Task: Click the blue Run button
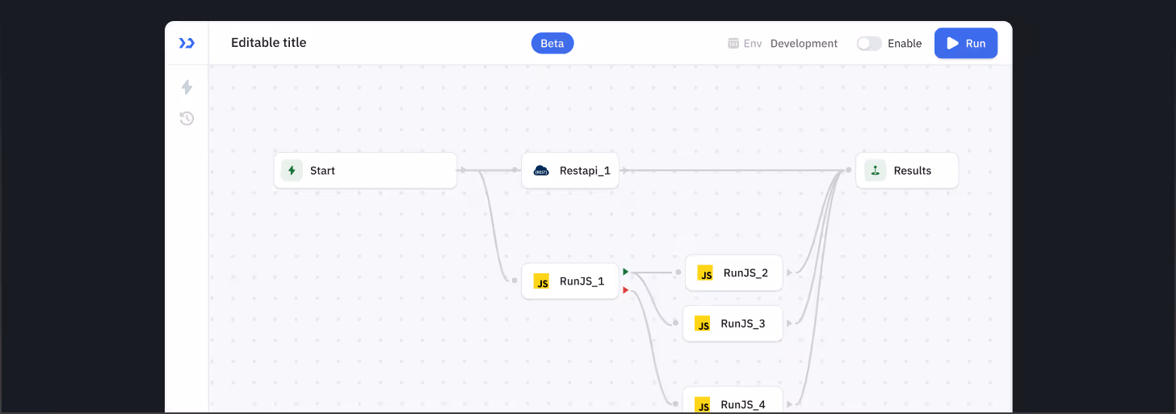click(965, 43)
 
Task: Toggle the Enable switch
click(869, 44)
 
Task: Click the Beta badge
click(552, 43)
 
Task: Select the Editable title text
click(268, 43)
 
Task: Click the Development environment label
click(804, 44)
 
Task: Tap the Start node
click(365, 171)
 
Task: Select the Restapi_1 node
click(570, 171)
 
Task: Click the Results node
click(907, 171)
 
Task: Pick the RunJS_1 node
click(570, 281)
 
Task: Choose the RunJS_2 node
click(734, 272)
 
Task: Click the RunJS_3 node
click(733, 323)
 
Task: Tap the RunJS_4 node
click(733, 402)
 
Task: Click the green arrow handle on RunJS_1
click(625, 272)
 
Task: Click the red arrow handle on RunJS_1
click(625, 290)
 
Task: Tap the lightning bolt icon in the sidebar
click(187, 87)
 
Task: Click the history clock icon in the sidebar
click(187, 119)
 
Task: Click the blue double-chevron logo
click(187, 43)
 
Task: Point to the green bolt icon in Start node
click(292, 171)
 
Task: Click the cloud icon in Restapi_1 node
click(541, 171)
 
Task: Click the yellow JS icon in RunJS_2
click(705, 273)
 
